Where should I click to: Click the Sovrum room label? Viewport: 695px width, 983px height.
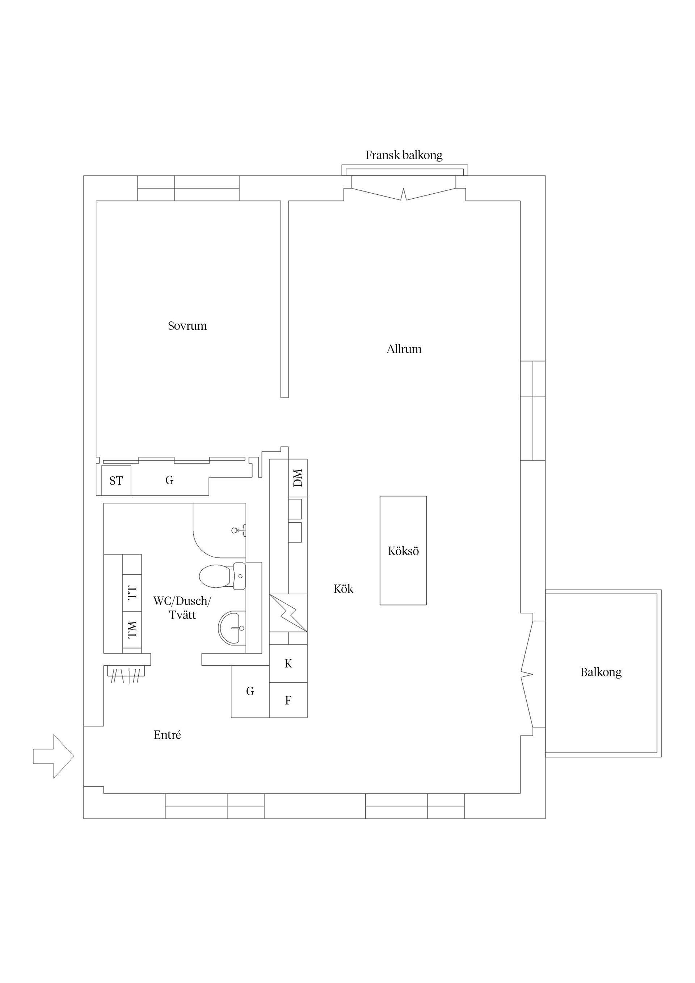click(x=187, y=326)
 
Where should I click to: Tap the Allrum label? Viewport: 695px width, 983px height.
click(x=404, y=349)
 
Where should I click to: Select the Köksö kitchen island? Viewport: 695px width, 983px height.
click(x=403, y=550)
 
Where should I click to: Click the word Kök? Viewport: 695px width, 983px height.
click(x=344, y=589)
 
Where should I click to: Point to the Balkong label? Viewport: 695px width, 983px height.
click(x=601, y=672)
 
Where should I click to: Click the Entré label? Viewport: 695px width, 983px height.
click(x=167, y=735)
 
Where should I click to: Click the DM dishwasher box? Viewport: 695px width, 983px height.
click(x=298, y=478)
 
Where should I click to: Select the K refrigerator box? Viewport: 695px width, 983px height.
click(x=288, y=663)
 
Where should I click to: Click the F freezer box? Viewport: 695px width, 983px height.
click(x=288, y=700)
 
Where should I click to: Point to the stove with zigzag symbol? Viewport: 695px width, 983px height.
click(x=288, y=613)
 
